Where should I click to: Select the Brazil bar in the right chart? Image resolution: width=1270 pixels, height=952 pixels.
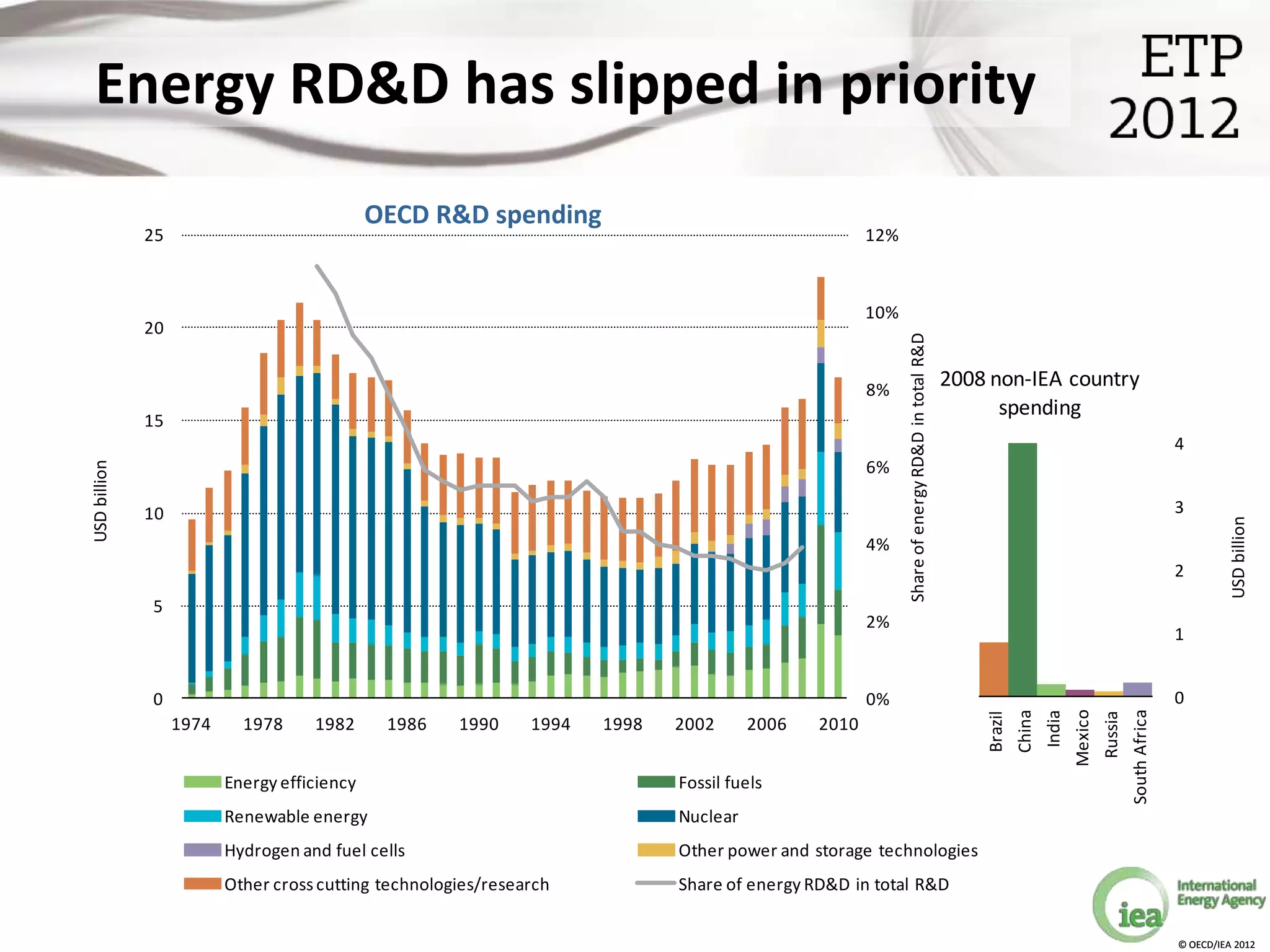993,669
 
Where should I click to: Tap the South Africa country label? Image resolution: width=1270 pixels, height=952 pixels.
1140,757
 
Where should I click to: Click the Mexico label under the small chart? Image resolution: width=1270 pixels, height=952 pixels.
1082,738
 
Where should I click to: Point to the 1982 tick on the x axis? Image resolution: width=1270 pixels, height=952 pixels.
335,724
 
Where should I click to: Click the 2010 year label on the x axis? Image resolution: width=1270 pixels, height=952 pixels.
838,724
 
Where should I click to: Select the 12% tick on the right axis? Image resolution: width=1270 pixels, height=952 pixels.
881,236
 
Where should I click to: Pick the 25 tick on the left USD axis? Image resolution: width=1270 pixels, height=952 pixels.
154,236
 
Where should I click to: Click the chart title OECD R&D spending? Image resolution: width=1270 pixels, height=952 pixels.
482,214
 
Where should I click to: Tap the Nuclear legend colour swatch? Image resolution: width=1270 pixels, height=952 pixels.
656,816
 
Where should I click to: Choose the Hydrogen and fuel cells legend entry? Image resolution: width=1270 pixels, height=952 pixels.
314,850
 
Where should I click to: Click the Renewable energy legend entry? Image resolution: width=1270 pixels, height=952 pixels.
295,816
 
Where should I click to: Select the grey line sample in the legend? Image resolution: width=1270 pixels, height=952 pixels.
655,883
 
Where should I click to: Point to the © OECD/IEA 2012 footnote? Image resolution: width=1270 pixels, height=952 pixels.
1216,945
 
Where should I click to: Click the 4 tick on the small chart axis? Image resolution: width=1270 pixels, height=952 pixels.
1179,444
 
